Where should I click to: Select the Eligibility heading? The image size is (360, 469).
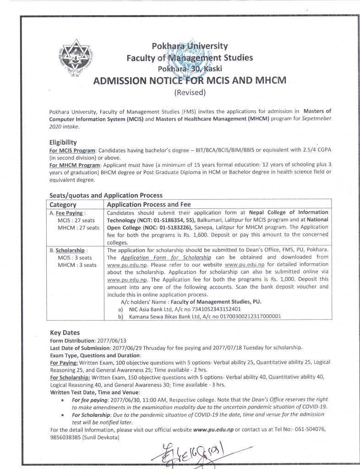coord(63,142)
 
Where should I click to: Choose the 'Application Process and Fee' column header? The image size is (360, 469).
coord(149,205)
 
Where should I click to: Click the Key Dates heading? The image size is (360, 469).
coord(65,333)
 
